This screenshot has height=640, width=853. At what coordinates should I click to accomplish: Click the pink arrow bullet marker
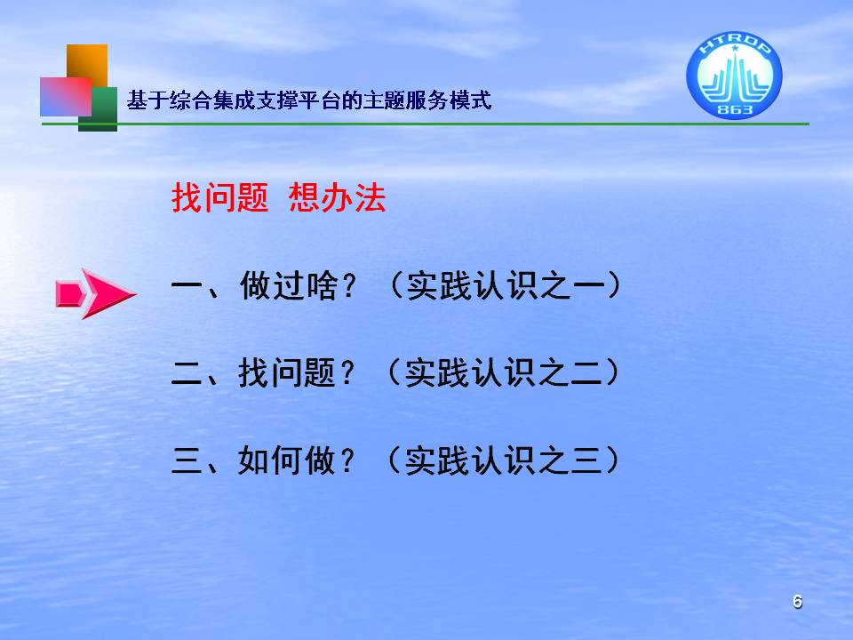click(95, 293)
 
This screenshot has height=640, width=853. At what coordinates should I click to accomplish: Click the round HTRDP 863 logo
click(734, 75)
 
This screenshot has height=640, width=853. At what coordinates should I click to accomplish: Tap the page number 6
click(798, 602)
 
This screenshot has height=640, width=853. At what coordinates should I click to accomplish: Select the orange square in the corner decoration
click(87, 62)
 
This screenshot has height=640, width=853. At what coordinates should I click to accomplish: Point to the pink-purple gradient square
click(66, 96)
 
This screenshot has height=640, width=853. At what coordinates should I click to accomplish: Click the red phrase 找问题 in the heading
click(220, 197)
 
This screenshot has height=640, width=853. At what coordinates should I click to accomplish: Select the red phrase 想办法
click(338, 197)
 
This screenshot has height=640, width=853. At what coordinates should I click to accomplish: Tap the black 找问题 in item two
click(287, 372)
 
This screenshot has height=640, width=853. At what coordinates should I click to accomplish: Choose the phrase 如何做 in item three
click(287, 460)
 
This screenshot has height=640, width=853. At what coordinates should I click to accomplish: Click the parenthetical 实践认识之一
click(506, 285)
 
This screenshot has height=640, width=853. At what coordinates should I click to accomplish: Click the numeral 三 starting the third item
click(187, 460)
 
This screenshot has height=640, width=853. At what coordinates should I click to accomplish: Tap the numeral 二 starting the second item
click(187, 374)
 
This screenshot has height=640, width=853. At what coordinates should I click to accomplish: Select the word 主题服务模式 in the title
click(427, 100)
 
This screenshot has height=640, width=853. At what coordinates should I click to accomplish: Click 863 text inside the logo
click(735, 110)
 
